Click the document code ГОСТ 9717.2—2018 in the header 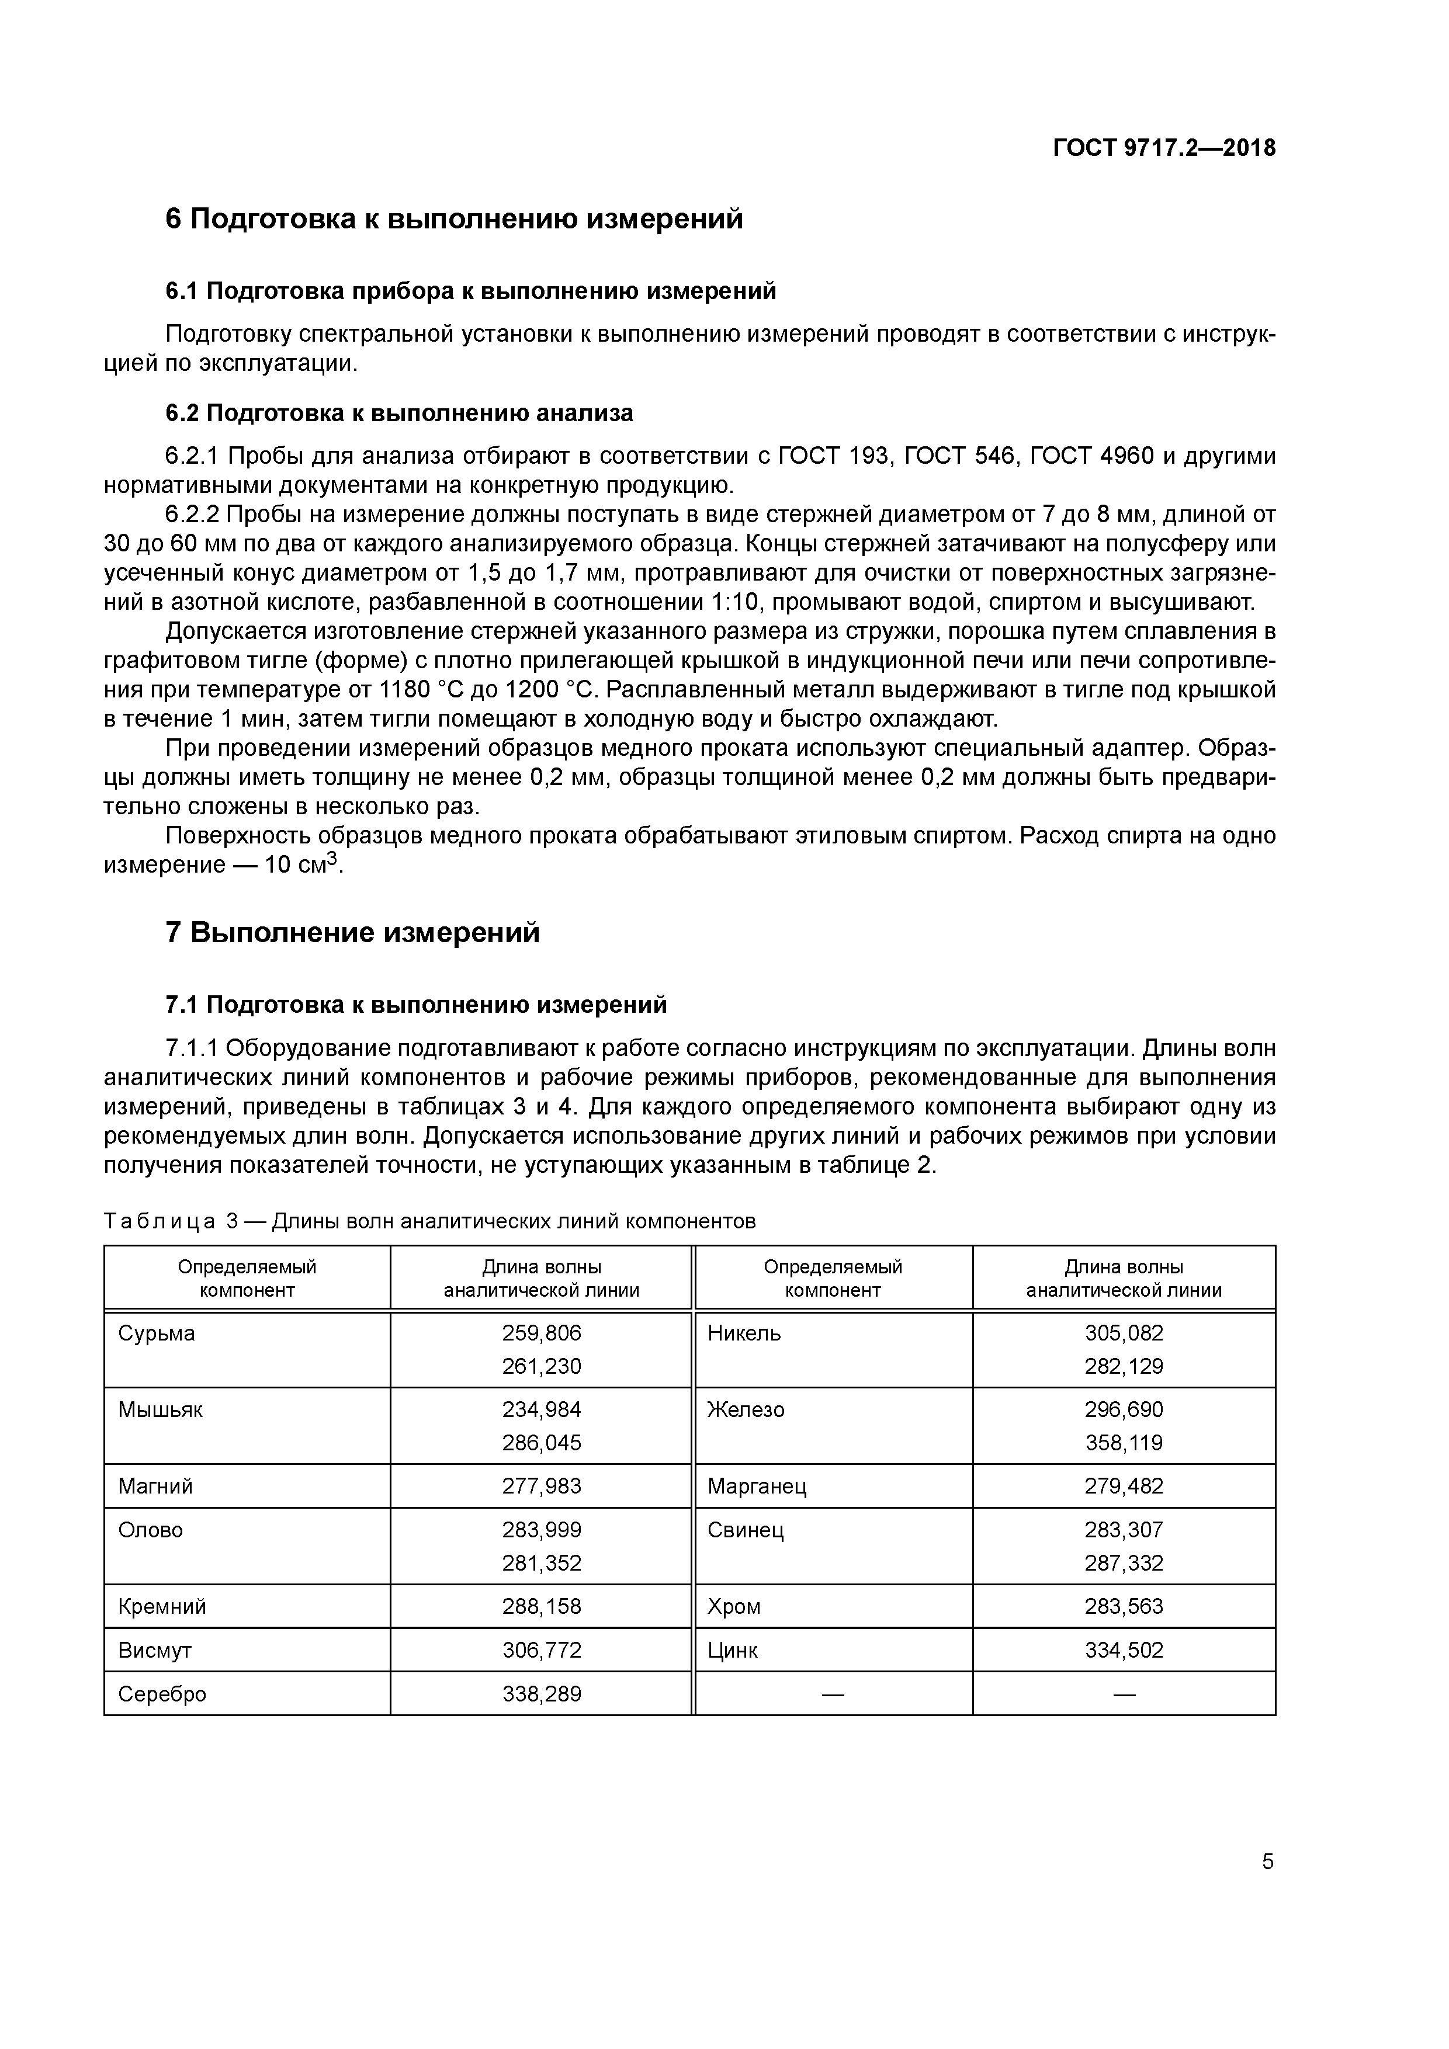pos(1164,148)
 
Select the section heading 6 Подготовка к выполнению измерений pos(453,218)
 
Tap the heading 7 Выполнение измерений pos(353,933)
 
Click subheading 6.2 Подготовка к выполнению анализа pos(399,413)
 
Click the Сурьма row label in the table pos(156,1333)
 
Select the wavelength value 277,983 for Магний pos(541,1486)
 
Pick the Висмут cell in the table pos(154,1650)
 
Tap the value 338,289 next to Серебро pos(541,1694)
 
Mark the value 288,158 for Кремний pos(541,1606)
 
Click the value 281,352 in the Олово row pos(541,1562)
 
